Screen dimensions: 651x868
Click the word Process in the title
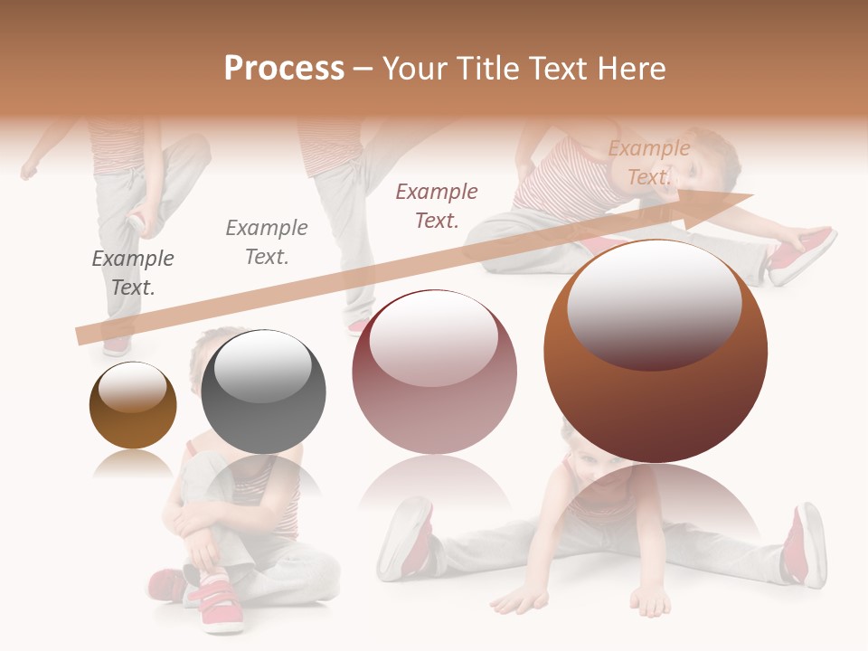click(x=284, y=69)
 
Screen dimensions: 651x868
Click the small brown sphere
click(x=133, y=406)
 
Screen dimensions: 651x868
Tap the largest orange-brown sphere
click(x=656, y=353)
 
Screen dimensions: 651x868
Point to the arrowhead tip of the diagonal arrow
click(x=751, y=194)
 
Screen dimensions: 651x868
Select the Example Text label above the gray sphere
click(x=267, y=242)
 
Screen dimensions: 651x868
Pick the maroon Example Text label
click(x=437, y=205)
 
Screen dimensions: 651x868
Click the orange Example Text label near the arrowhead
click(x=648, y=163)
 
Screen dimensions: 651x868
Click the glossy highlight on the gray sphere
click(x=262, y=365)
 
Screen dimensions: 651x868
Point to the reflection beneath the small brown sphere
click(x=133, y=464)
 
